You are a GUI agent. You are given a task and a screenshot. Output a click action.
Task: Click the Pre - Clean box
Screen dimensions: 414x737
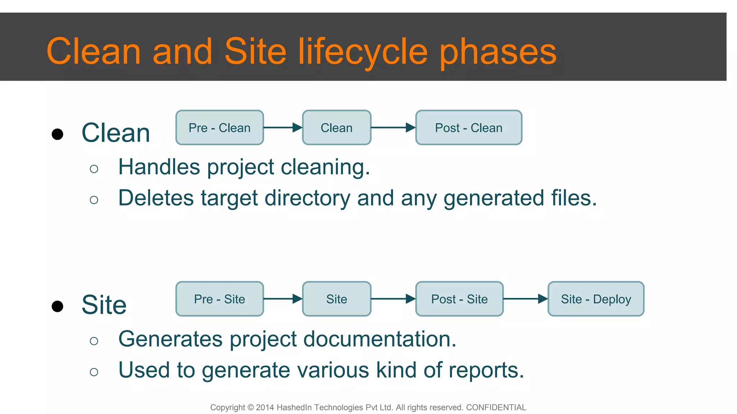tap(220, 128)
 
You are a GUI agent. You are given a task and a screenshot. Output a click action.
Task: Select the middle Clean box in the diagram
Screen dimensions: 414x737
tap(336, 128)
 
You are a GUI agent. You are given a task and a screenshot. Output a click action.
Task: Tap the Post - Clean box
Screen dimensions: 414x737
tap(469, 128)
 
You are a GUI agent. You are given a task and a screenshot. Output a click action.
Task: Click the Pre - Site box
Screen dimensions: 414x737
tap(220, 299)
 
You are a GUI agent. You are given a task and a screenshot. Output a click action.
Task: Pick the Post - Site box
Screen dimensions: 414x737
tap(459, 299)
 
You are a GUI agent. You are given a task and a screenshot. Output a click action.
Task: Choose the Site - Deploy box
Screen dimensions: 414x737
tap(596, 299)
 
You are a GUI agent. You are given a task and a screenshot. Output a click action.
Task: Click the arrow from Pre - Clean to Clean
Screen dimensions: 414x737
tap(283, 128)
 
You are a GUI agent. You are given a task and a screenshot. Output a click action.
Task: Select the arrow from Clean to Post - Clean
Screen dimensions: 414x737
tap(393, 128)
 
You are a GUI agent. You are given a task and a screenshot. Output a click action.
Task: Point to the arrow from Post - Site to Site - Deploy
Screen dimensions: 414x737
tap(525, 299)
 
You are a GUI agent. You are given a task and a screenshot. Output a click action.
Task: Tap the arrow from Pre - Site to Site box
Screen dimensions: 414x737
tap(283, 299)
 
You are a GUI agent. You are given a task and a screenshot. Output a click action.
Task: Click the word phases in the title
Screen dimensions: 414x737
tap(498, 52)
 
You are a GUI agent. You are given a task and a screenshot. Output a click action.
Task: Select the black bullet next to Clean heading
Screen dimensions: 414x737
tap(58, 134)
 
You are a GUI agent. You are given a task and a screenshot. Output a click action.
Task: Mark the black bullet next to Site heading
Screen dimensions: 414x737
tap(58, 306)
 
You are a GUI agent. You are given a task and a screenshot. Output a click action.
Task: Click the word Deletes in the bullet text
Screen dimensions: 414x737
tap(156, 198)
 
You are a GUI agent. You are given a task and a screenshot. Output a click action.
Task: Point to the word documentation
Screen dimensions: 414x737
tap(381, 339)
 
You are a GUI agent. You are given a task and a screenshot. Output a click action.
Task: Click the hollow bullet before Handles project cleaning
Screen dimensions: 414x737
tap(94, 169)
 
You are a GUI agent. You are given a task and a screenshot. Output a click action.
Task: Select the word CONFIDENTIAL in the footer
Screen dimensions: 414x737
tap(496, 408)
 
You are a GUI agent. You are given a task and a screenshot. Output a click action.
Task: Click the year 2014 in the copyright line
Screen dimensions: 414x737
tap(265, 408)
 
